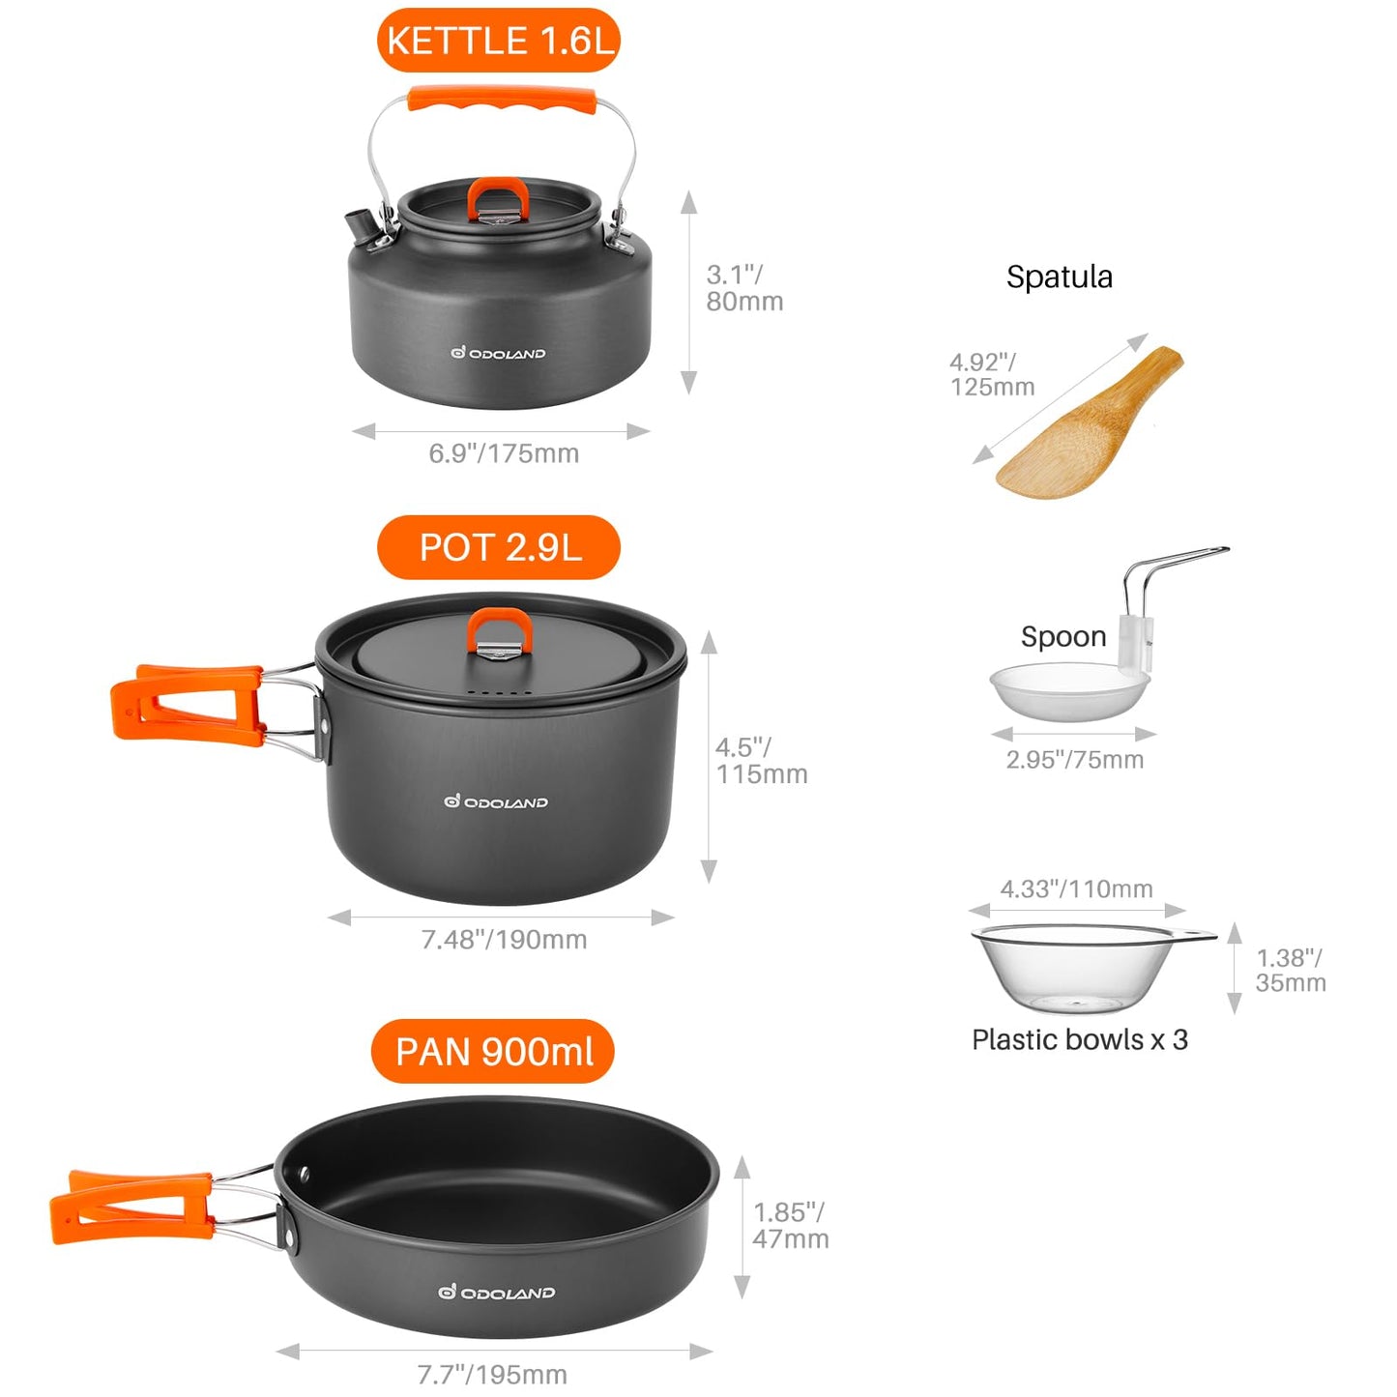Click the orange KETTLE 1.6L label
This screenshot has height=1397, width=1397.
[498, 40]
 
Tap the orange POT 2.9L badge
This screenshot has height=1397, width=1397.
[499, 547]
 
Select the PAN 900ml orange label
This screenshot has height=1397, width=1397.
[493, 1051]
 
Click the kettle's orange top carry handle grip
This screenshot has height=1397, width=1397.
[502, 100]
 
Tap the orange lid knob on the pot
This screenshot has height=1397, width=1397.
[500, 629]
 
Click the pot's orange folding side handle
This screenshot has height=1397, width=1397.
[187, 705]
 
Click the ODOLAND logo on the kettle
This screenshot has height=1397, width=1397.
[498, 353]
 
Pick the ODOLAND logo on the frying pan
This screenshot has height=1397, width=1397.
[497, 1293]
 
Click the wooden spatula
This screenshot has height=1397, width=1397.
[1090, 422]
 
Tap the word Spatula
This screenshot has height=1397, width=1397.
[1060, 276]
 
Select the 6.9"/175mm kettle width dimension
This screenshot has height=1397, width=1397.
[504, 453]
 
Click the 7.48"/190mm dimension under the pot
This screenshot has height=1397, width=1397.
[504, 940]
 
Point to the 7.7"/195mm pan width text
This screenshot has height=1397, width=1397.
[492, 1374]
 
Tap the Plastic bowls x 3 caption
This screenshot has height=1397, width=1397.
[1080, 1039]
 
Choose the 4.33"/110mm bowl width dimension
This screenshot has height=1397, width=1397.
[1077, 888]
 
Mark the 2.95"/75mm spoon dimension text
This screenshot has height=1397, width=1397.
[1074, 760]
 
